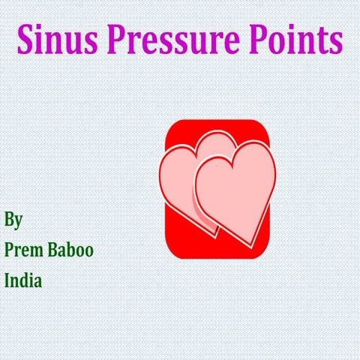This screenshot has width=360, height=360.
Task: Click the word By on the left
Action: pyautogui.click(x=13, y=220)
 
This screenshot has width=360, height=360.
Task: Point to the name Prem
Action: pyautogui.click(x=26, y=250)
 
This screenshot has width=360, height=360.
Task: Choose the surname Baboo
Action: pyautogui.click(x=73, y=250)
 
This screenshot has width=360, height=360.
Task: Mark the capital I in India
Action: pyautogui.click(x=7, y=281)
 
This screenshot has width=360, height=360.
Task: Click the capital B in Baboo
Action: pyautogui.click(x=56, y=250)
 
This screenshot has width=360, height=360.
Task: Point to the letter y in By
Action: pyautogui.click(x=18, y=223)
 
